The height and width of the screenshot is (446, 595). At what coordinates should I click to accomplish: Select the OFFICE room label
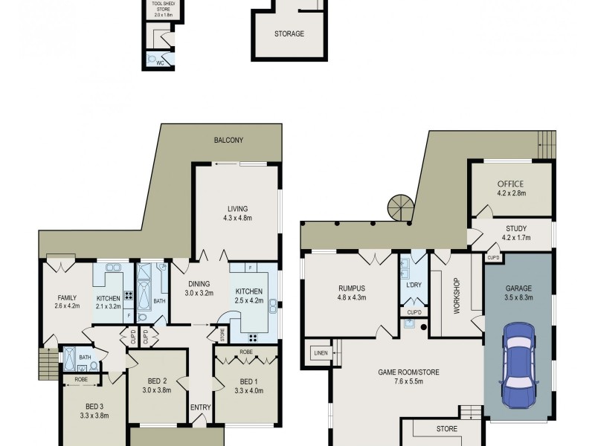(x=510, y=184)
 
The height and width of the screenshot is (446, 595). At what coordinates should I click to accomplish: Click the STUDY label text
(x=515, y=229)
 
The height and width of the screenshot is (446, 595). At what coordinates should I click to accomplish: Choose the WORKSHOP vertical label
(x=457, y=295)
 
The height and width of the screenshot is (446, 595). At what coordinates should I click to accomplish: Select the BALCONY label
(x=228, y=140)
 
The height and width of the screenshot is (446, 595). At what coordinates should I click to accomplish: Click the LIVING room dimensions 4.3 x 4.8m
(x=237, y=219)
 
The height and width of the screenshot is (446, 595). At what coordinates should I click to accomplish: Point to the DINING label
(x=199, y=283)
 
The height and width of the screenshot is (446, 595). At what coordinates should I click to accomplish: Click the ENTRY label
(x=200, y=407)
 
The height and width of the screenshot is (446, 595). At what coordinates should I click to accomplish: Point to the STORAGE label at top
(x=289, y=33)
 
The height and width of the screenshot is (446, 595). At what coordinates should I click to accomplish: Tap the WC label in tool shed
(x=160, y=63)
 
